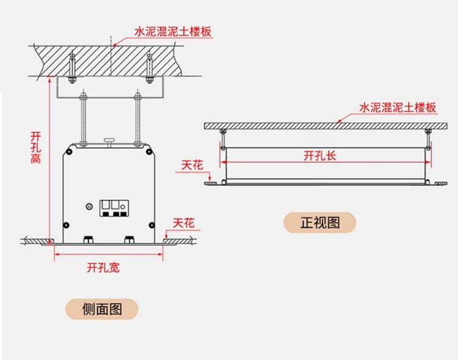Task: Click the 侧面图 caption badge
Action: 102,309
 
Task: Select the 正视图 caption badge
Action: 319,222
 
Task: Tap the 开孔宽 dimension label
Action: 103,267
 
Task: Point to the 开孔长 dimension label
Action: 319,155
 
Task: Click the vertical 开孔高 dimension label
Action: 36,146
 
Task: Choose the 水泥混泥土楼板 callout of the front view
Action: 398,108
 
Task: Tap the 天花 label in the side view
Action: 183,224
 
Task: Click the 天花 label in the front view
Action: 192,165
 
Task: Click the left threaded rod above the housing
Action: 83,119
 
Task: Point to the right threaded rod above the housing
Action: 138,119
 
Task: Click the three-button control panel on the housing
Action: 113,207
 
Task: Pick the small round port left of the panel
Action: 89,206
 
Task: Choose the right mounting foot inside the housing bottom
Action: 129,239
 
